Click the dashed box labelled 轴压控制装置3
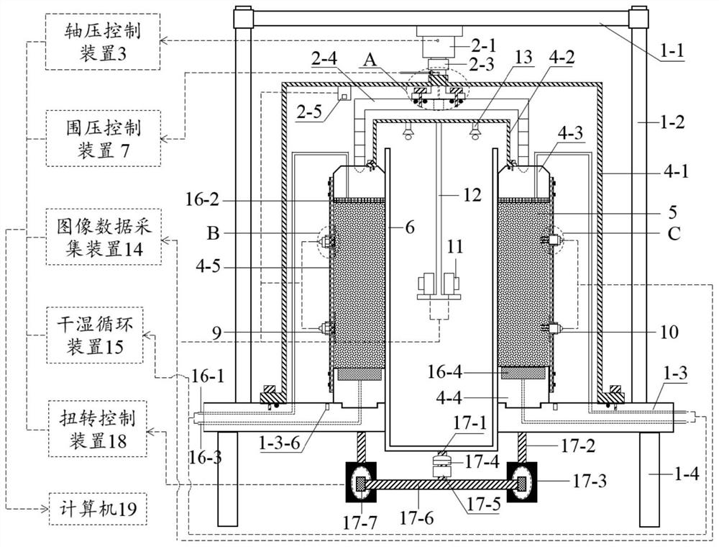click(x=103, y=41)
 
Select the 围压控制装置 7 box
click(x=103, y=138)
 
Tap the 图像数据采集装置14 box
click(x=103, y=237)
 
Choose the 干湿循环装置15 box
click(x=94, y=336)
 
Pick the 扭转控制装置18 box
click(x=98, y=429)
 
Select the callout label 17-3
click(x=590, y=481)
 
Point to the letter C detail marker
click(x=673, y=234)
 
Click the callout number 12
click(x=472, y=195)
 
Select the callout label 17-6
click(x=416, y=518)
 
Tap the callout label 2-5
click(x=311, y=112)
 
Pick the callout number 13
click(x=523, y=58)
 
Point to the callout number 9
click(x=216, y=333)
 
